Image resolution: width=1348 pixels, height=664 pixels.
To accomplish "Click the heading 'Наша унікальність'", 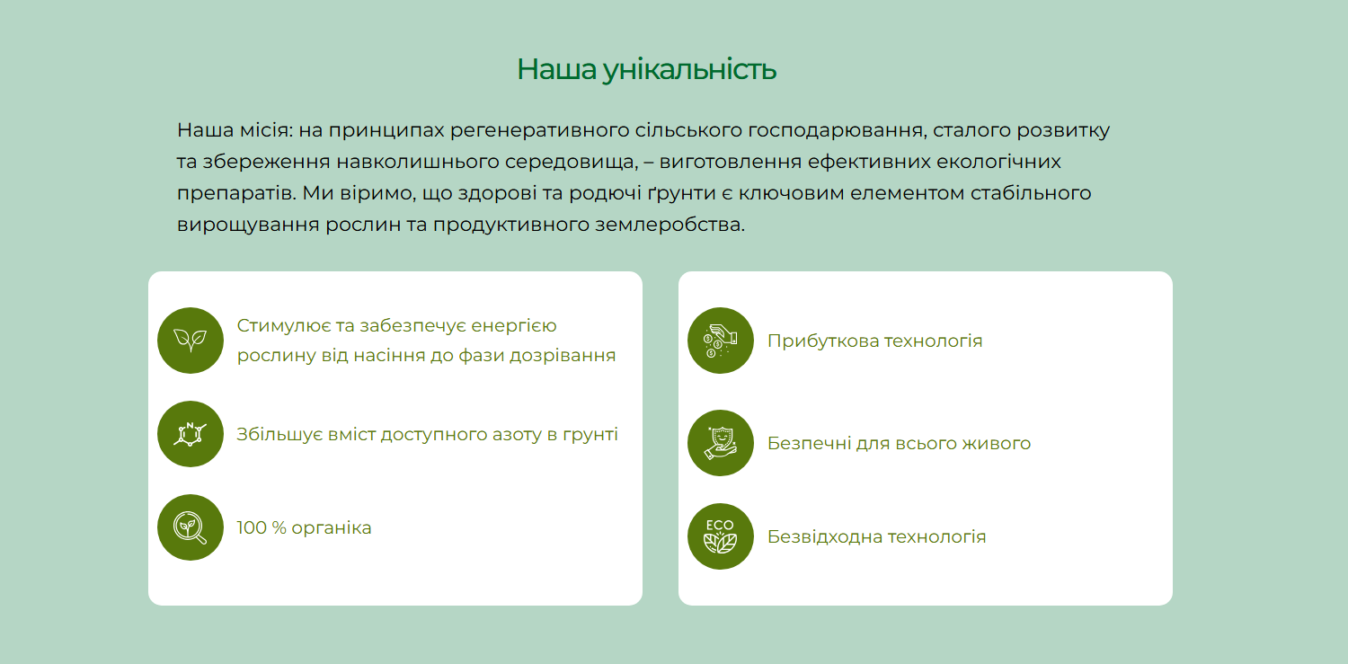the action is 647,70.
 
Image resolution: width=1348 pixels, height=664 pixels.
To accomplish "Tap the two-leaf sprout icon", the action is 191,341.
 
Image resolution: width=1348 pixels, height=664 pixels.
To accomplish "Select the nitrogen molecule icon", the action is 191,434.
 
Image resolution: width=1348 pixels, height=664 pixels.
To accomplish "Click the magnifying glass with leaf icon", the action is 191,527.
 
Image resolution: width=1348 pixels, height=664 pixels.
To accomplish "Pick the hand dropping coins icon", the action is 721,341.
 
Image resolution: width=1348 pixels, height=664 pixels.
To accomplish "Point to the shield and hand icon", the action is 721,443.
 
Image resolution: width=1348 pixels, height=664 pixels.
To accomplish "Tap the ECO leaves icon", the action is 721,536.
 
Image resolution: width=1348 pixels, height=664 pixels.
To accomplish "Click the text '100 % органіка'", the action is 304,528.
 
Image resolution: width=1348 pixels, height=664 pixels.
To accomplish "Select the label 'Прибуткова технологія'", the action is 875,341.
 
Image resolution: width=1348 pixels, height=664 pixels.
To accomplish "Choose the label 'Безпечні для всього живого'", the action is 899,443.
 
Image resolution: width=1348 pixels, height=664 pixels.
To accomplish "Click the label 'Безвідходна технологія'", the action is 877,536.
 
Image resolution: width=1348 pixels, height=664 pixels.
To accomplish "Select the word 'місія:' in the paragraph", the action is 266,130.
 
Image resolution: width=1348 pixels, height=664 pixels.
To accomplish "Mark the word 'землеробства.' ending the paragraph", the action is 670,225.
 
